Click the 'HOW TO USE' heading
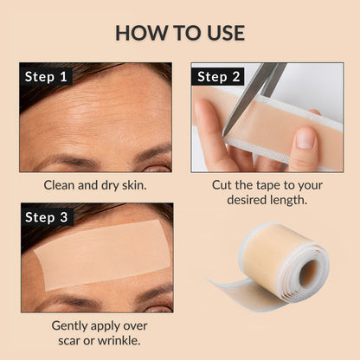[180, 33]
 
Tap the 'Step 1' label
[46, 77]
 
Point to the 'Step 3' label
[46, 217]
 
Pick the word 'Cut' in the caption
[225, 184]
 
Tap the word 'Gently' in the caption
[72, 325]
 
